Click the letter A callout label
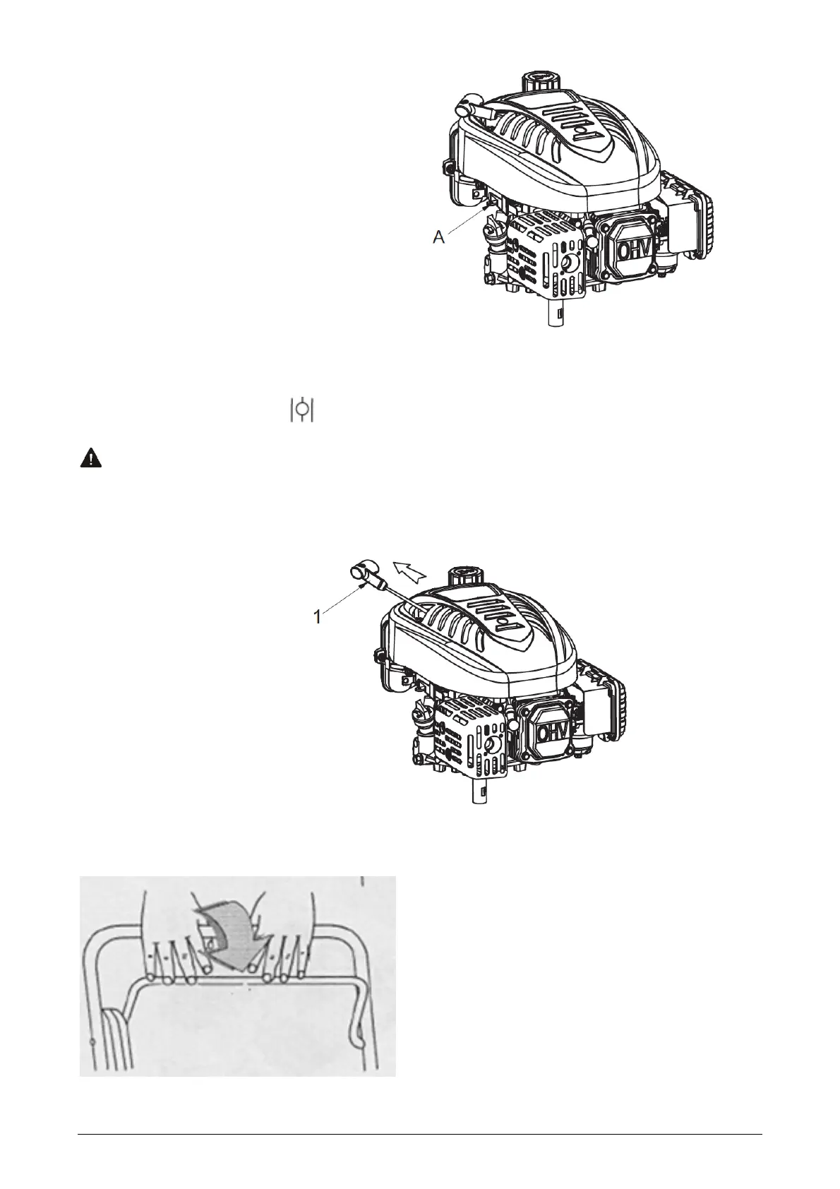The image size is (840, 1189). click(438, 239)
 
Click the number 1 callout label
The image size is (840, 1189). click(318, 616)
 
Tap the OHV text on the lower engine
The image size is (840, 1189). click(550, 733)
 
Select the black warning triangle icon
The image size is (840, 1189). click(90, 459)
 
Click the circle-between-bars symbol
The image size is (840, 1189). click(301, 410)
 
